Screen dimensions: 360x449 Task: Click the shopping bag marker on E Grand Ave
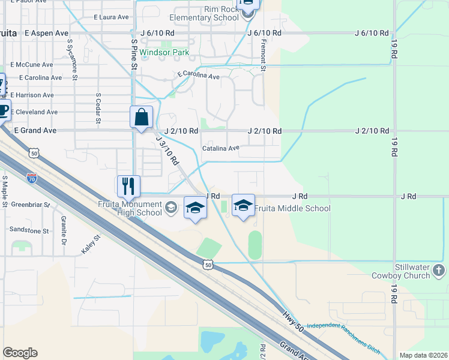(141, 117)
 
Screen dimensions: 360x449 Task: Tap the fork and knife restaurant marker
(128, 186)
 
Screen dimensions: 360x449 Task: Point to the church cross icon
(439, 271)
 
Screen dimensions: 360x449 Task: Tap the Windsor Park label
(164, 52)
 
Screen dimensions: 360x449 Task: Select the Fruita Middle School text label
(292, 209)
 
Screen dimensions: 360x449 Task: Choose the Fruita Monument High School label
(130, 208)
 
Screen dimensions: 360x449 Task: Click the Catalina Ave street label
(220, 148)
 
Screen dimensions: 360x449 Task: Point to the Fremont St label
(263, 58)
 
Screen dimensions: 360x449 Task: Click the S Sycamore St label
(73, 55)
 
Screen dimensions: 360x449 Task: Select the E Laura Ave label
(112, 18)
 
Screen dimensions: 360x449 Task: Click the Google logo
(20, 353)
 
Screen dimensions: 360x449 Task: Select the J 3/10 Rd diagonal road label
(167, 151)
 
